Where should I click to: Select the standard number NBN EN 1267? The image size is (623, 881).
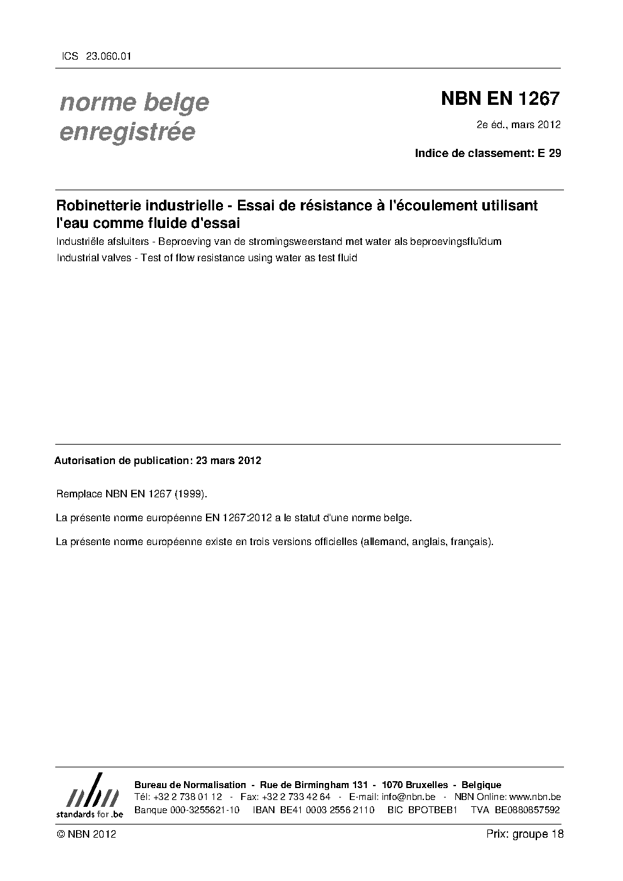(500, 99)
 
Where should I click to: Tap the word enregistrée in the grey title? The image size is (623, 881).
(127, 132)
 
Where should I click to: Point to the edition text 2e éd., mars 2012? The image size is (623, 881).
(519, 124)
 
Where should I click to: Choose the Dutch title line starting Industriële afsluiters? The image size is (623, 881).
(279, 241)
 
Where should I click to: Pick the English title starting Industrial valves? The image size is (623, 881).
(207, 257)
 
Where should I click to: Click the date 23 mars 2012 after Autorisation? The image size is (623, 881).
(229, 460)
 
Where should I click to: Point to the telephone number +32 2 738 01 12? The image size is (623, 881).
(187, 797)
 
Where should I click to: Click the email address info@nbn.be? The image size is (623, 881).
(408, 797)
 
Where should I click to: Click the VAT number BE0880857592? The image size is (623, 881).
(527, 810)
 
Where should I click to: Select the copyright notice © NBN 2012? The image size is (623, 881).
(86, 834)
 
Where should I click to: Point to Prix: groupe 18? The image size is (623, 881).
(524, 834)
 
